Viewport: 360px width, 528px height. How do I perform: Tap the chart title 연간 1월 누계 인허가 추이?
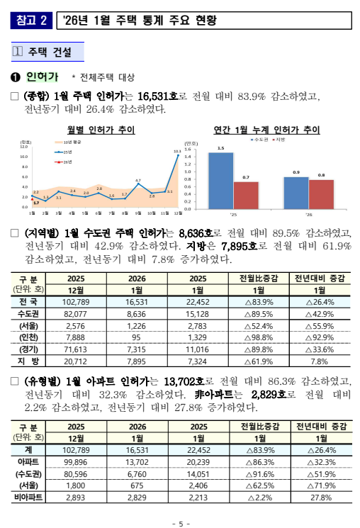click(x=266, y=130)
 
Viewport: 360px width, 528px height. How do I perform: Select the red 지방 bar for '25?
click(x=246, y=195)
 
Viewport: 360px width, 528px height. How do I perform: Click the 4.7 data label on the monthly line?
click(x=137, y=181)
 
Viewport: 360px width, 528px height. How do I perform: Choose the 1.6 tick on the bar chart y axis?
click(x=188, y=150)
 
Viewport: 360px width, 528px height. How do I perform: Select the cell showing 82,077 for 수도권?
click(x=76, y=314)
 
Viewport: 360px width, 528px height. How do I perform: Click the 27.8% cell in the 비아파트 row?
click(x=320, y=498)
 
